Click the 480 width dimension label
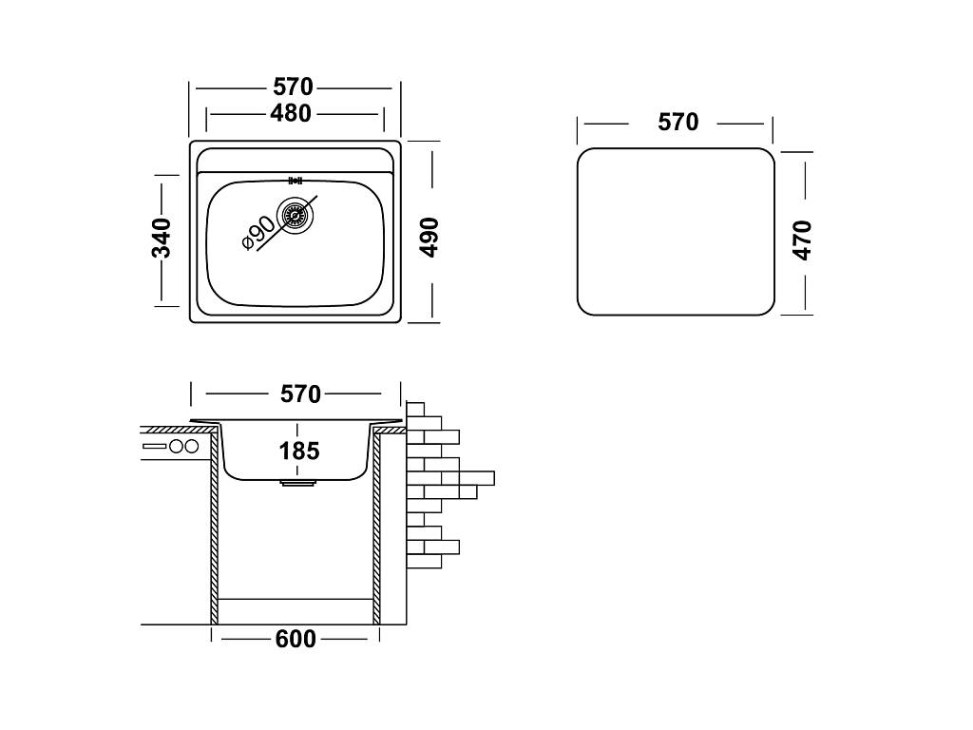[291, 113]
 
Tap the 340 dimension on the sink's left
[162, 238]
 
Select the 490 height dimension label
[429, 237]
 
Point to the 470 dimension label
[803, 240]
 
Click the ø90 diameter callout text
[258, 233]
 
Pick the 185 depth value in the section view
[299, 451]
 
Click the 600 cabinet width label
[296, 639]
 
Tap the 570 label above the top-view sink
[294, 87]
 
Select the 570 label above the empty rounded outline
[677, 122]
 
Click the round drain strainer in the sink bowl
[294, 215]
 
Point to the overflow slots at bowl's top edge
[294, 180]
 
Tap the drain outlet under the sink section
[297, 484]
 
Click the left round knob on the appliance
[176, 446]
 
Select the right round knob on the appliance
[191, 446]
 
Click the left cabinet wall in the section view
[215, 532]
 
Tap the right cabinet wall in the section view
[376, 532]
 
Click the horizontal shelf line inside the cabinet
[296, 599]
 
